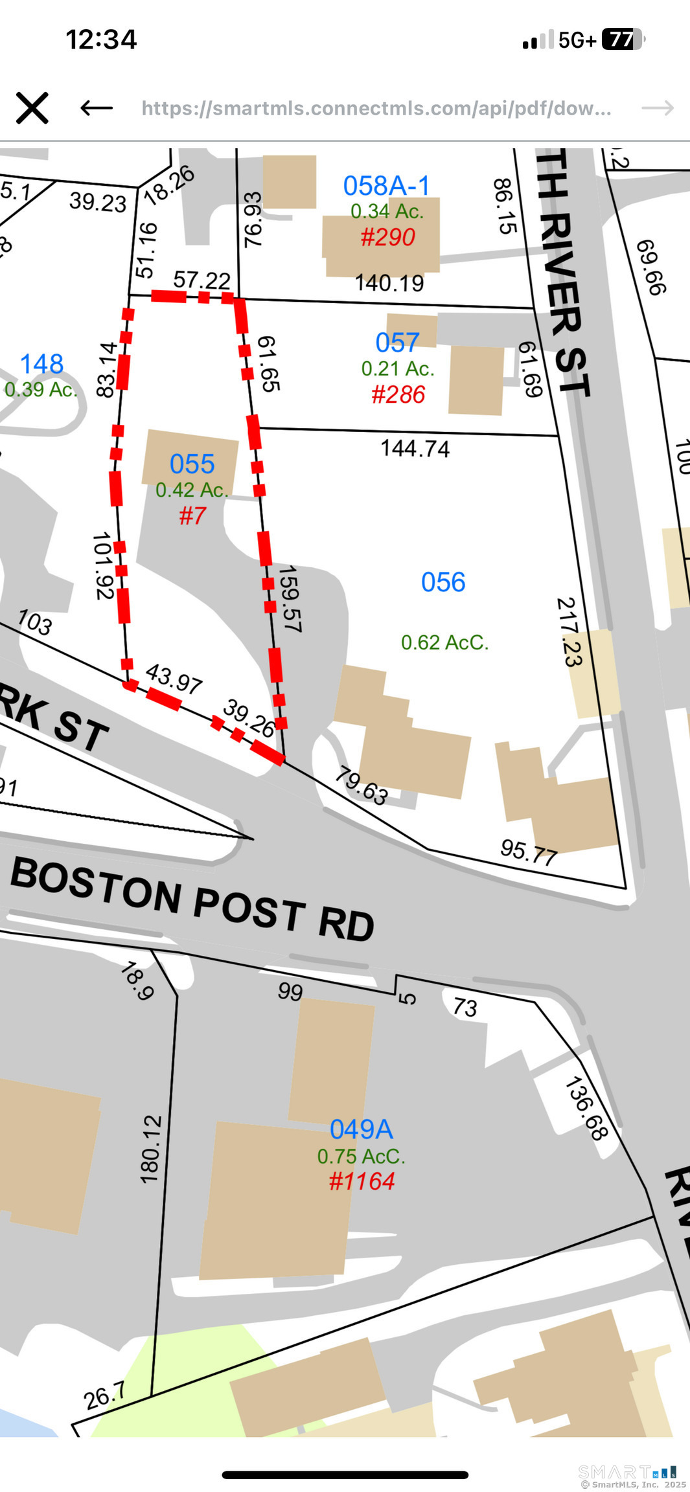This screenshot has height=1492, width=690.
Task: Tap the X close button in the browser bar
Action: [32, 107]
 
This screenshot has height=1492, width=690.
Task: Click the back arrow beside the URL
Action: [97, 107]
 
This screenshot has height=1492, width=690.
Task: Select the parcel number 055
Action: [192, 464]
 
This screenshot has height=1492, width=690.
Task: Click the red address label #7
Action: [192, 515]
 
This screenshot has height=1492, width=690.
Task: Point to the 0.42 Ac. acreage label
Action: [192, 490]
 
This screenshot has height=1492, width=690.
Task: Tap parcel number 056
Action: [443, 582]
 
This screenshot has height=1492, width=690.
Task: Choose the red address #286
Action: [398, 394]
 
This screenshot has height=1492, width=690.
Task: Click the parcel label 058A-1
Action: [386, 186]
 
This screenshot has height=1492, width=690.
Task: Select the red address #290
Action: [387, 237]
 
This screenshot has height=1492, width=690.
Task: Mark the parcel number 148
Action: [41, 364]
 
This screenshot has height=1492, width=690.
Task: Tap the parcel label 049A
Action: [361, 1129]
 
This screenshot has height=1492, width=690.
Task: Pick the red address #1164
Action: [362, 1181]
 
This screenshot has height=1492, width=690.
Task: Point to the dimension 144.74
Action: [415, 448]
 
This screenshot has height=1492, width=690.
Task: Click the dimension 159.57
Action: [290, 599]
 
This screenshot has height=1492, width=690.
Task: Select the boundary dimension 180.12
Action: [150, 1149]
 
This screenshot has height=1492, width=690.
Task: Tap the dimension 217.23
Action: [569, 632]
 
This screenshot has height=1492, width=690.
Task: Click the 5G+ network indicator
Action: [577, 40]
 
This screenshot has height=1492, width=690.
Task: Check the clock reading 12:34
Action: [101, 40]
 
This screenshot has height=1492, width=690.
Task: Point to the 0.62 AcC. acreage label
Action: [444, 642]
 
